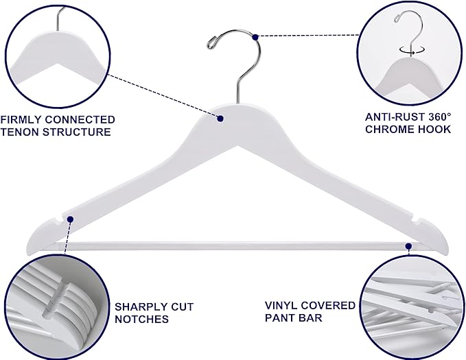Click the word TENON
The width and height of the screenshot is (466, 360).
pos(19,132)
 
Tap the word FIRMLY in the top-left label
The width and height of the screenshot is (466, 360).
pos(21,119)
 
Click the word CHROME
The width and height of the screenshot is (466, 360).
pos(388,130)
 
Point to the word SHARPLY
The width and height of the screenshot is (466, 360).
pos(142,307)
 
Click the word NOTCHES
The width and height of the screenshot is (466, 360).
pos(142,320)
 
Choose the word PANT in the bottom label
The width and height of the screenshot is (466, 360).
pos(279,317)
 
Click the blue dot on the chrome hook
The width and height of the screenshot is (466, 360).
pos(255,37)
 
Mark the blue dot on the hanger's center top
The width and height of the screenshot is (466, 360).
pos(220,119)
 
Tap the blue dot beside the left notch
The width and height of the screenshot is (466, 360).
pos(71,219)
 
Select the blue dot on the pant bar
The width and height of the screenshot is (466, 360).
pos(408,246)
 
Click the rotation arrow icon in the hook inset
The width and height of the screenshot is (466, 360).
pos(410,49)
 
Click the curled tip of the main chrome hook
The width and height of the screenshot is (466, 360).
pos(211,42)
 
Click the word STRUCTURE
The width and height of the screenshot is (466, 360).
pos(77,132)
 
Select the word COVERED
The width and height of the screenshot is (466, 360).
pos(326,305)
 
